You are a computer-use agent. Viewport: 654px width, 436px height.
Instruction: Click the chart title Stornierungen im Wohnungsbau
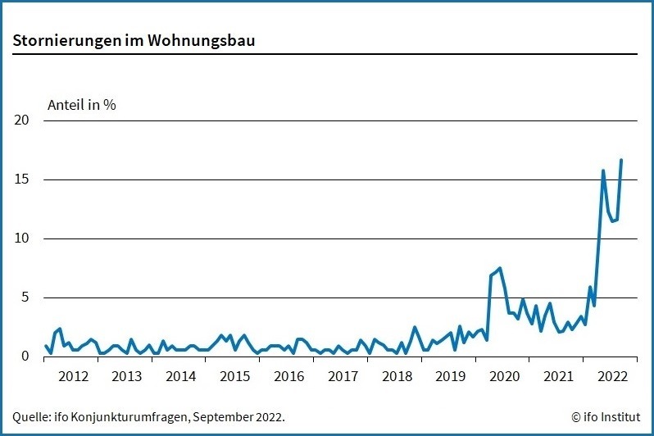(134, 40)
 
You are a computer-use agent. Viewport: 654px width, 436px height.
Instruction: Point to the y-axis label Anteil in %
(82, 105)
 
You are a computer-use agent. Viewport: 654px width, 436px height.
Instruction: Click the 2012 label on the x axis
(73, 377)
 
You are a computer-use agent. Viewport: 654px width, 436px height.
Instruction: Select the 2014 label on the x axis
(180, 377)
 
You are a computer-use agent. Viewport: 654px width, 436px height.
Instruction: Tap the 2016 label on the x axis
(288, 377)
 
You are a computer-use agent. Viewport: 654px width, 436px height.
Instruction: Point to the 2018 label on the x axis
(397, 377)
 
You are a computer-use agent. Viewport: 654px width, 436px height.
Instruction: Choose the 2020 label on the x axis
(504, 377)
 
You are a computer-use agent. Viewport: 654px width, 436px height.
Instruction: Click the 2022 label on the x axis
(612, 377)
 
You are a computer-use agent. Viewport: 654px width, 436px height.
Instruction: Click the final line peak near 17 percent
(621, 160)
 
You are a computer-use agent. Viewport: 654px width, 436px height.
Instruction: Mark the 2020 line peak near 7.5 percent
(500, 268)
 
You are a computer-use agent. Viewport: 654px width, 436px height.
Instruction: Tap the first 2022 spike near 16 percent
(603, 170)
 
